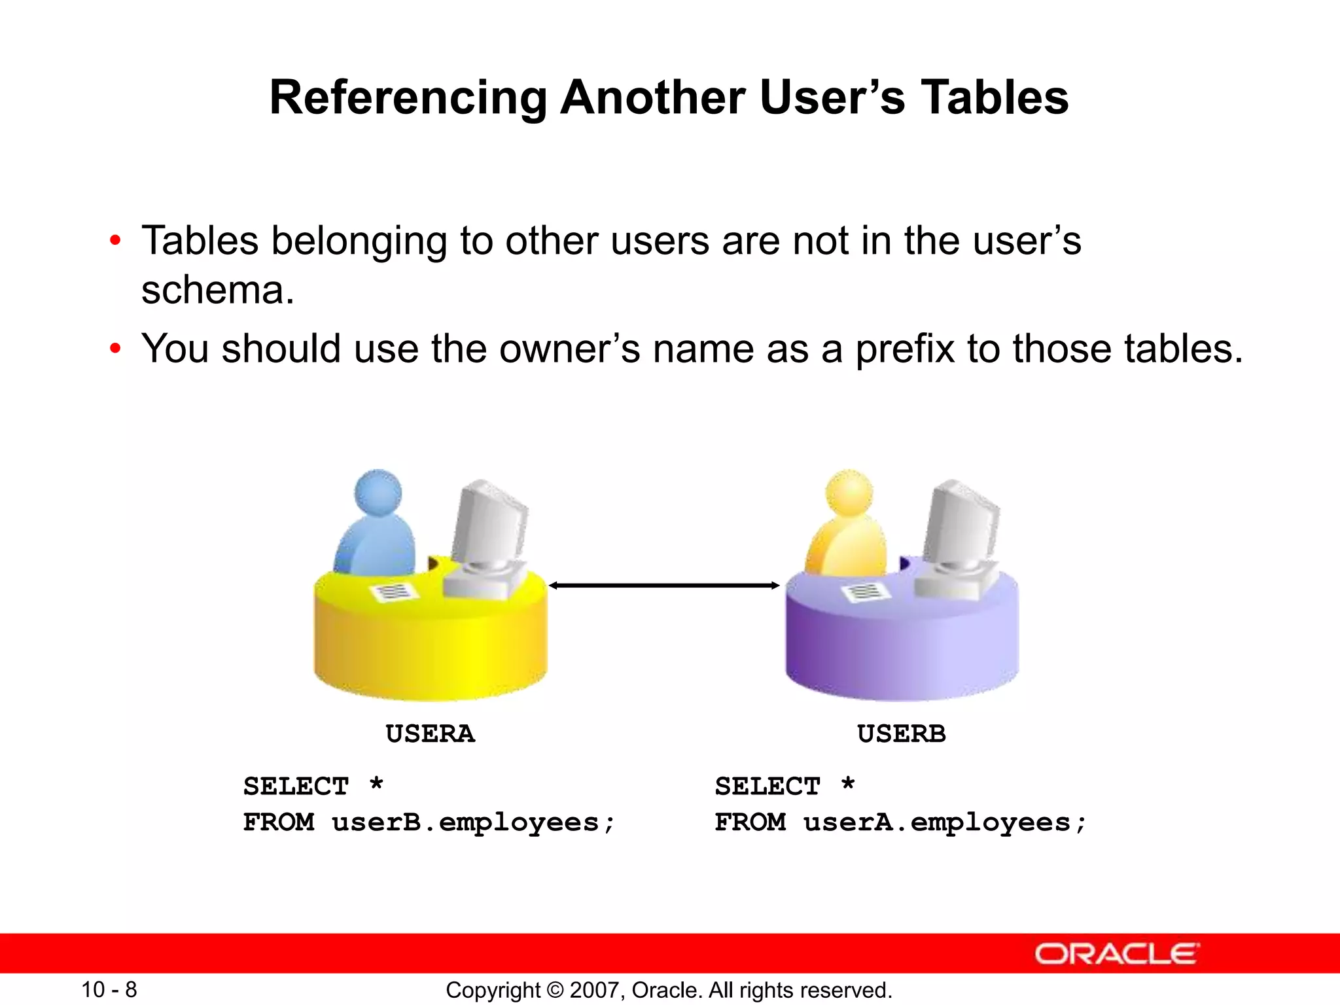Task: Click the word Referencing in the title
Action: (408, 98)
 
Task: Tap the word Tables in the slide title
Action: (995, 98)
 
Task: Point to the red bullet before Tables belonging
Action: (115, 241)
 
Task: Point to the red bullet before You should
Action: (115, 349)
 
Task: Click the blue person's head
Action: (378, 493)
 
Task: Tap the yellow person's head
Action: (849, 493)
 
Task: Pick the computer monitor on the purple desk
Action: (963, 523)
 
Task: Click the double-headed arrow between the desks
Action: (664, 585)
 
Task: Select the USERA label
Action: (430, 734)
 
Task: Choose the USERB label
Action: (901, 734)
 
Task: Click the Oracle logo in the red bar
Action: (1116, 954)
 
